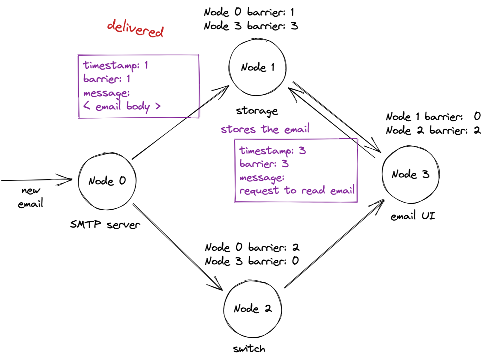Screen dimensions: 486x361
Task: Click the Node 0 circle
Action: [78, 181]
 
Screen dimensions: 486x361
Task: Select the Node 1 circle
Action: [229, 67]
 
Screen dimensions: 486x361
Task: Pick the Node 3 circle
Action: [383, 174]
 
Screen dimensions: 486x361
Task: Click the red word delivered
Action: [135, 28]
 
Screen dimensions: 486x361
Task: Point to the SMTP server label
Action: [105, 225]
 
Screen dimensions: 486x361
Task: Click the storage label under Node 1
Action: [257, 111]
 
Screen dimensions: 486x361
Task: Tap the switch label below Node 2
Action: [249, 349]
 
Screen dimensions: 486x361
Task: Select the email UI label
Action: [413, 216]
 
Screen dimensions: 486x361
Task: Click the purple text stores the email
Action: [265, 129]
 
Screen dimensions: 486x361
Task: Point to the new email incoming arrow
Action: [37, 180]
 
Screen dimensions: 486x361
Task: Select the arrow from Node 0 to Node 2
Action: [178, 247]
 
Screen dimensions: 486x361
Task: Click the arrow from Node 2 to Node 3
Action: [334, 243]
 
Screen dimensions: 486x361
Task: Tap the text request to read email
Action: [297, 190]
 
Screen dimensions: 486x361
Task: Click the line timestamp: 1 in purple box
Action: [116, 66]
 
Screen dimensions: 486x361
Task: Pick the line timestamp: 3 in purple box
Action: [272, 151]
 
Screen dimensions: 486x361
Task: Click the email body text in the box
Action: [122, 106]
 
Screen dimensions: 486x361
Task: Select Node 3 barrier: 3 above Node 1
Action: [251, 26]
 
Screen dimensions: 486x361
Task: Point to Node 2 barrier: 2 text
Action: [433, 130]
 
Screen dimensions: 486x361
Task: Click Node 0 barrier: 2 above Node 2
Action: [252, 247]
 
